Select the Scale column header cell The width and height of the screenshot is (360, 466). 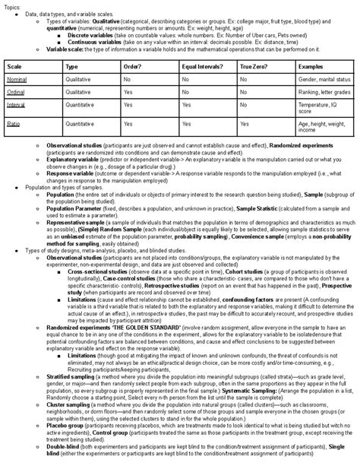coord(15,67)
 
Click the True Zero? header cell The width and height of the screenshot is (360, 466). coord(254,67)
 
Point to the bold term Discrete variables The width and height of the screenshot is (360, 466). coord(88,35)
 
